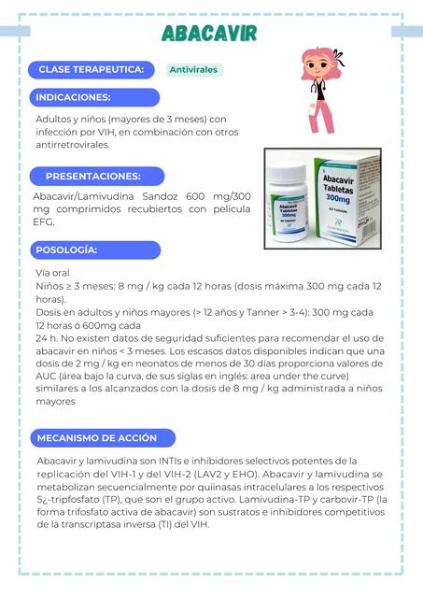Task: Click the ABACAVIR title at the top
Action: point(209,35)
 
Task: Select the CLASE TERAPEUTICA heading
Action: point(91,70)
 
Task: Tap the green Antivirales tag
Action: point(194,70)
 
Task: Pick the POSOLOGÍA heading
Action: point(66,250)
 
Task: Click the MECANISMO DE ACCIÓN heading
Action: point(97,437)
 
